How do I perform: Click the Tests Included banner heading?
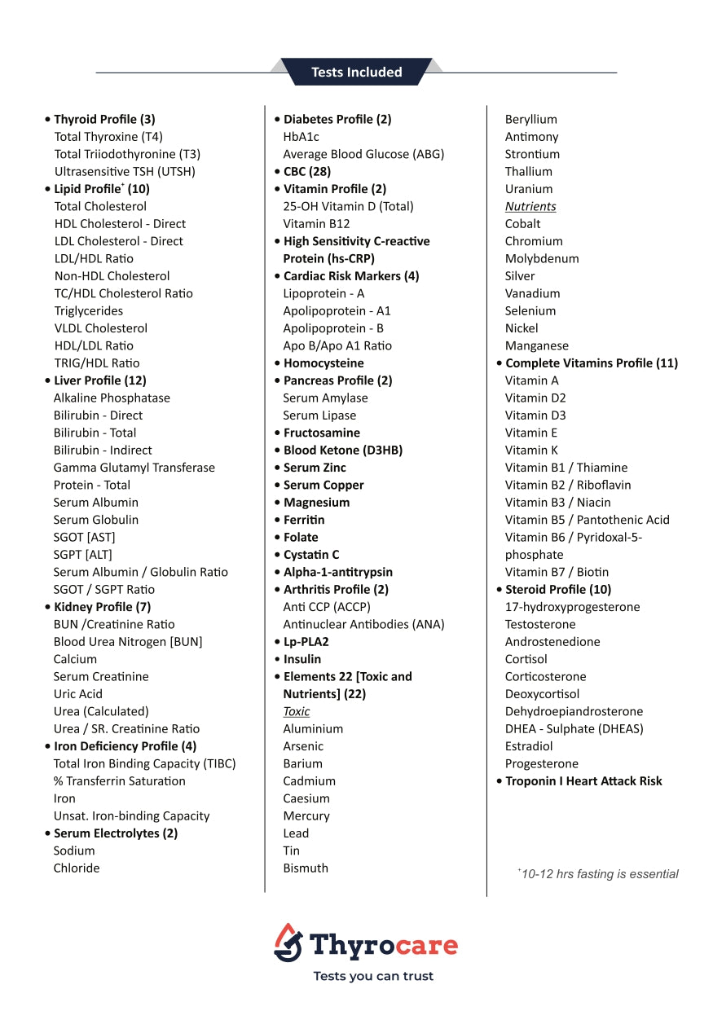coord(356,73)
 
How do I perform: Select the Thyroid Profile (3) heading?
coord(104,119)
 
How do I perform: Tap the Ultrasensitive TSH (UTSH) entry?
coord(125,171)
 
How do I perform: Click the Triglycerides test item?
coord(89,310)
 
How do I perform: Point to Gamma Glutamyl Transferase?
coord(134,468)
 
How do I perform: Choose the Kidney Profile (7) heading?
coord(102,607)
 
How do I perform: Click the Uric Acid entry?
coord(78,694)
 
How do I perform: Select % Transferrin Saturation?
coord(119,781)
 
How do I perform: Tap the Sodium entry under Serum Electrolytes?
coord(74,851)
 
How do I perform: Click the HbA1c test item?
coord(301,137)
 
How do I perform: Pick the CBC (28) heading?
coord(307,171)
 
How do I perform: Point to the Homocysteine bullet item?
coord(323,363)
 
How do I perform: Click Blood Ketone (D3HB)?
coord(343,450)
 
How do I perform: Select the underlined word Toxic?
coord(297,711)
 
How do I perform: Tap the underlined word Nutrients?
coord(530,206)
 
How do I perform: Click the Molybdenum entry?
coord(542,258)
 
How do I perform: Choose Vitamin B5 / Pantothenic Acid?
coord(587,520)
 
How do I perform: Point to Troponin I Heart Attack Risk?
coord(583,781)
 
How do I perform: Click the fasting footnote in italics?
coord(599,874)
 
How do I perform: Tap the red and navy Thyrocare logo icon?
coord(288,943)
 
